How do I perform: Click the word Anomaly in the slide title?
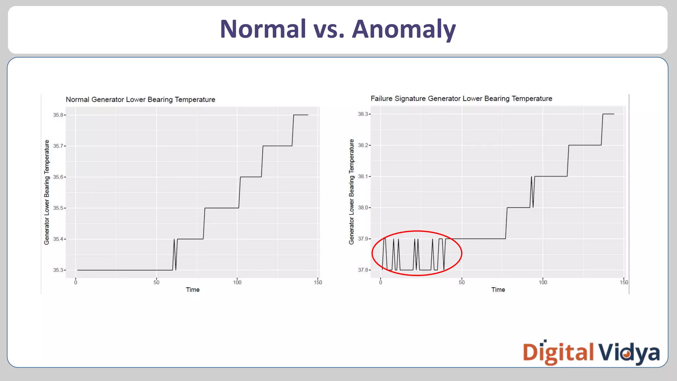click(x=404, y=29)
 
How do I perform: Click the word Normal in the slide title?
click(x=263, y=29)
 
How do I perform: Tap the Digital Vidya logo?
click(x=591, y=353)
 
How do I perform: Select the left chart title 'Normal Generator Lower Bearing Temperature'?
click(x=140, y=100)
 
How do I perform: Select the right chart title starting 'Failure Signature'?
click(x=461, y=99)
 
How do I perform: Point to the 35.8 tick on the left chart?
click(x=58, y=115)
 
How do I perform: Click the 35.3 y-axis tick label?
click(x=58, y=270)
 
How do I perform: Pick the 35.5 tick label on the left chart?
click(x=58, y=208)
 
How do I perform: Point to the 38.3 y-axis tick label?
click(x=363, y=114)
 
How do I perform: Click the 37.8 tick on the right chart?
click(x=363, y=270)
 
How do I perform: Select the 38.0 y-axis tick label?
click(x=363, y=208)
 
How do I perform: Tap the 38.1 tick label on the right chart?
click(x=363, y=177)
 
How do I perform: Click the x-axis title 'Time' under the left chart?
click(x=193, y=290)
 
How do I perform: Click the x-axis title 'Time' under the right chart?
click(x=498, y=290)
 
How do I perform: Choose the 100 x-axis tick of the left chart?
click(x=237, y=282)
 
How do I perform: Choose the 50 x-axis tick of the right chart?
click(x=461, y=282)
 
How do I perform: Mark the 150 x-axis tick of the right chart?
click(x=624, y=282)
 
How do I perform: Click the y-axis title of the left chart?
click(x=47, y=192)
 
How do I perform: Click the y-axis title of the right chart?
click(x=351, y=191)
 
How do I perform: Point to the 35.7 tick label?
click(x=58, y=146)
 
